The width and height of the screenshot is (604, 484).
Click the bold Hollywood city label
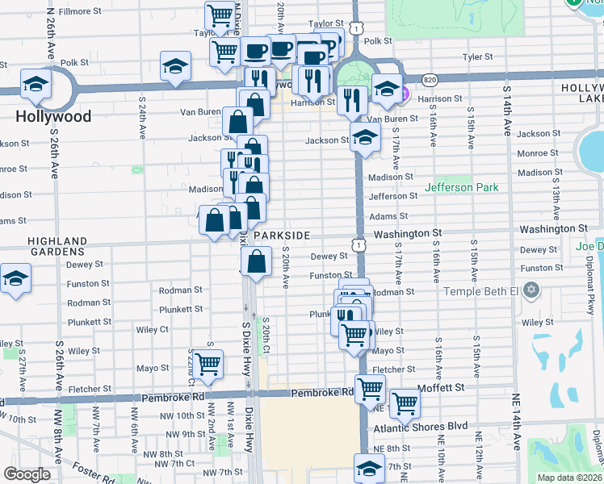point(53,116)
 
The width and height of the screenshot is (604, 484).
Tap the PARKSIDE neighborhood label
point(281,235)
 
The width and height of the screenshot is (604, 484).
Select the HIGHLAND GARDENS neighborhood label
point(57,246)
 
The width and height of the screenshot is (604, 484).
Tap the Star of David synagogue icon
point(531,290)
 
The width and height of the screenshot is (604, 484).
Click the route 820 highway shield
point(430,80)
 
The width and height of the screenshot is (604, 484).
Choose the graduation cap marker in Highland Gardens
point(14,279)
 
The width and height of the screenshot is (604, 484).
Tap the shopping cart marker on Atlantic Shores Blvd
point(404,403)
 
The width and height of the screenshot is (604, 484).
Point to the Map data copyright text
point(570,478)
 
